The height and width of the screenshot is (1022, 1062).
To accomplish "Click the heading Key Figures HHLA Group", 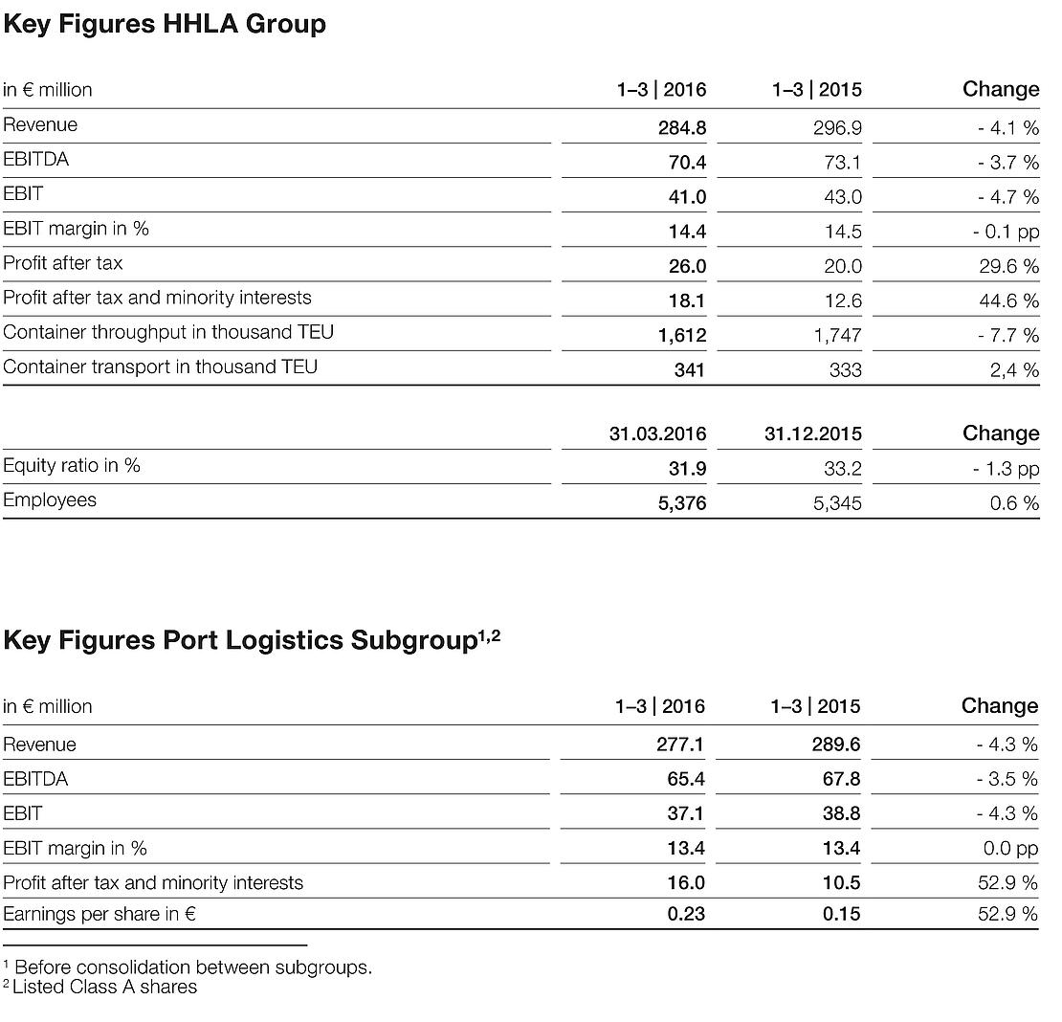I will point(165,24).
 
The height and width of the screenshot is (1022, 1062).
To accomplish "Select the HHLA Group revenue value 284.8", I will point(681,128).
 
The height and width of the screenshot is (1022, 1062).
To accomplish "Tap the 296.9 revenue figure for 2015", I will point(837,128).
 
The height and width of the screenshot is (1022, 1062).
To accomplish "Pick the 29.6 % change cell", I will point(1008,266).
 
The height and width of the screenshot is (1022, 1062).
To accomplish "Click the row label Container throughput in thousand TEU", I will point(168,332).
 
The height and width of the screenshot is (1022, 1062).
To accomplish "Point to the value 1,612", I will point(681,335).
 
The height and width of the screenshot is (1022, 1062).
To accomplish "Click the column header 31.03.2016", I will point(657,433).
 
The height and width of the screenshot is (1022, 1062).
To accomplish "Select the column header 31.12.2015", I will point(812,433).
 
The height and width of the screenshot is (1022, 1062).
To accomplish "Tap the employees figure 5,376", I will point(681,503).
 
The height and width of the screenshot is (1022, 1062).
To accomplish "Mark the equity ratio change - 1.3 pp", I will point(1006,469).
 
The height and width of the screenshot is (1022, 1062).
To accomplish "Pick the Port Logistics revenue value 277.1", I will point(680,744).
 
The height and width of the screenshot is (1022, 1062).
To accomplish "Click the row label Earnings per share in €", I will point(100,914).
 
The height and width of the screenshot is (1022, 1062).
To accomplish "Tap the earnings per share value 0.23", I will point(686,914).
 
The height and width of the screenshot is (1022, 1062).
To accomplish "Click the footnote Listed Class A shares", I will point(104,987).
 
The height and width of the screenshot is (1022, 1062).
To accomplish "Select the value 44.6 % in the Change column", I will point(1008,300).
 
